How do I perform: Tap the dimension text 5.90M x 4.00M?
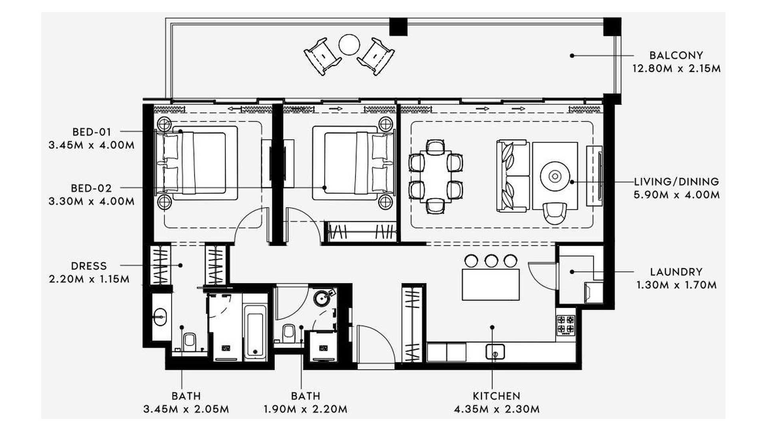pos(676,195)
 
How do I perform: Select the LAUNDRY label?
pos(676,272)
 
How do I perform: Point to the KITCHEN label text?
pos(497,396)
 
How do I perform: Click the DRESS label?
pos(89,266)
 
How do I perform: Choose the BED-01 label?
pos(92,132)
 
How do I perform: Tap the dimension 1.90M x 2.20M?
pos(305,409)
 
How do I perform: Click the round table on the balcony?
pos(349,45)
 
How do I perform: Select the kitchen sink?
pos(495,352)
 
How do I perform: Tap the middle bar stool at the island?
pos(491,261)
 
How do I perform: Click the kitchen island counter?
pos(491,284)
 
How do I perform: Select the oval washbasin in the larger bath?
pos(160,317)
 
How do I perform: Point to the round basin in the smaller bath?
pos(322,298)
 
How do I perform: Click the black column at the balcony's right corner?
pos(612,26)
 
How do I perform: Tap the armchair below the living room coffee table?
pos(555,214)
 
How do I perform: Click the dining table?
pos(436,177)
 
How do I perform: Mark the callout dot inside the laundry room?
pos(572,272)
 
